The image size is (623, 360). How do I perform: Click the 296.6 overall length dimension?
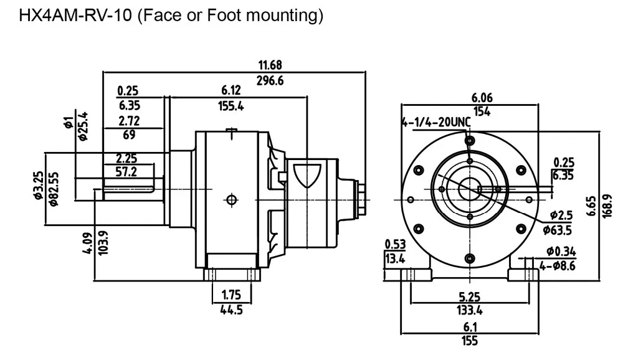[270, 81]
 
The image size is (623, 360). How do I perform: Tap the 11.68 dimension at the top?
[270, 65]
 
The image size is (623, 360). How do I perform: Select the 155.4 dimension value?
[231, 106]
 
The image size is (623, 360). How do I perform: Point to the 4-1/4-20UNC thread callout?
[436, 122]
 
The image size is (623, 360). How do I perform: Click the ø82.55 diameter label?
[54, 189]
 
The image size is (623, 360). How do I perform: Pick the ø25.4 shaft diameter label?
[83, 126]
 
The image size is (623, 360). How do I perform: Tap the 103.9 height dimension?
[103, 243]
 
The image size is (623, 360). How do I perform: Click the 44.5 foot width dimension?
[231, 310]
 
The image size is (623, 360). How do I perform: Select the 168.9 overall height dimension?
[607, 206]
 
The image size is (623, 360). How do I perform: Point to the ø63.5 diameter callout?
[558, 230]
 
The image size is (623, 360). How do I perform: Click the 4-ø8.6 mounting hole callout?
[558, 265]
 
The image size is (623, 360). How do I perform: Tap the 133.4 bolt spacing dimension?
[470, 310]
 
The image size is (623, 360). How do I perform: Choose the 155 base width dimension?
[470, 341]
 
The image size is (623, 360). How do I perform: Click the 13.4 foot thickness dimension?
[395, 259]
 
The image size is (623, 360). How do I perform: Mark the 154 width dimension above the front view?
[482, 111]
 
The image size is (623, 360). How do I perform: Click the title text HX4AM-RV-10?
[75, 16]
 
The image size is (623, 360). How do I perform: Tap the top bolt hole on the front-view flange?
[470, 141]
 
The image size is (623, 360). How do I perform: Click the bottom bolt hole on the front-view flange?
[470, 258]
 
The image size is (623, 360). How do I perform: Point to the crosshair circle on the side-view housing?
[232, 200]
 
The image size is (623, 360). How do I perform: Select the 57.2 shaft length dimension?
[126, 172]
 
